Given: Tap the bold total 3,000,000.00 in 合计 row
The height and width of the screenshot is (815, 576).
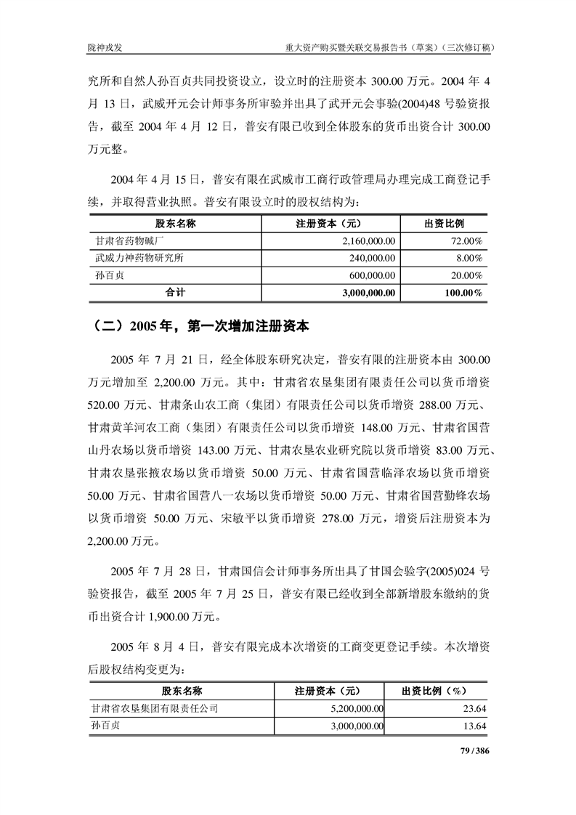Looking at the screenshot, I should tap(361, 293).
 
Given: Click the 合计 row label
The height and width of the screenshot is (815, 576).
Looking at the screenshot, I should tap(176, 293).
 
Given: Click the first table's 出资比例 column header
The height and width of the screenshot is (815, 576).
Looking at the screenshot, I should tap(444, 223).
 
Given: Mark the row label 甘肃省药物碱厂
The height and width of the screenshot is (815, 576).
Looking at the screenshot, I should tap(127, 240).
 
